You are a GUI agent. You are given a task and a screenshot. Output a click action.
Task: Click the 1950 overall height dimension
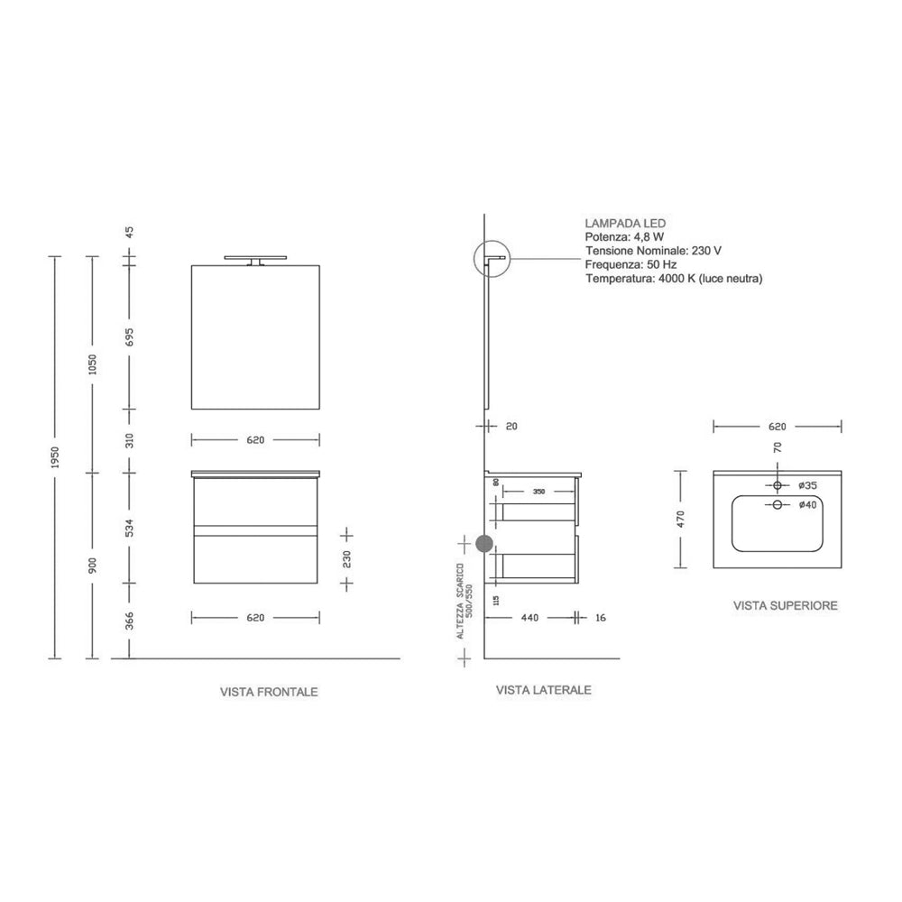pyautogui.click(x=55, y=457)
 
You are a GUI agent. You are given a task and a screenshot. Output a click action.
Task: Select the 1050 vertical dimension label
pyautogui.click(x=92, y=364)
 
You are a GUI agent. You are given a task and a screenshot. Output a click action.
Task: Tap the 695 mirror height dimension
pyautogui.click(x=130, y=336)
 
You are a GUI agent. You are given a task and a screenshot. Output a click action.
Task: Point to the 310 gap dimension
pyautogui.click(x=130, y=440)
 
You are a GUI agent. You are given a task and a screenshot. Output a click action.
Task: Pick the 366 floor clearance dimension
pyautogui.click(x=130, y=621)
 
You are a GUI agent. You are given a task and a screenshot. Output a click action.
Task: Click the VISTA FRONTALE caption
pyautogui.click(x=269, y=693)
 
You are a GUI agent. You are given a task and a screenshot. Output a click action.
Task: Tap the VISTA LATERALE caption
pyautogui.click(x=543, y=690)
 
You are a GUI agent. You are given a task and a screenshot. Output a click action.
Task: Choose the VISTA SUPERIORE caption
pyautogui.click(x=785, y=606)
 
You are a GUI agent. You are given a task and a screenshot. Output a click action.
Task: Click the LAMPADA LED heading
pyautogui.click(x=625, y=222)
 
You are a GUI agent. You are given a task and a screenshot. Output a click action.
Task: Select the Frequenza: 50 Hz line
pyautogui.click(x=631, y=265)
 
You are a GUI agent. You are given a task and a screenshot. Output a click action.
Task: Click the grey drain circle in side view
pyautogui.click(x=484, y=544)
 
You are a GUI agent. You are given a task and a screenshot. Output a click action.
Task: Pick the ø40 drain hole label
pyautogui.click(x=807, y=505)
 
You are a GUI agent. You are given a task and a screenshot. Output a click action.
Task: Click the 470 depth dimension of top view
pyautogui.click(x=683, y=520)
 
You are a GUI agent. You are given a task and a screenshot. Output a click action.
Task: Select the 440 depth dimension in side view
pyautogui.click(x=529, y=618)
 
